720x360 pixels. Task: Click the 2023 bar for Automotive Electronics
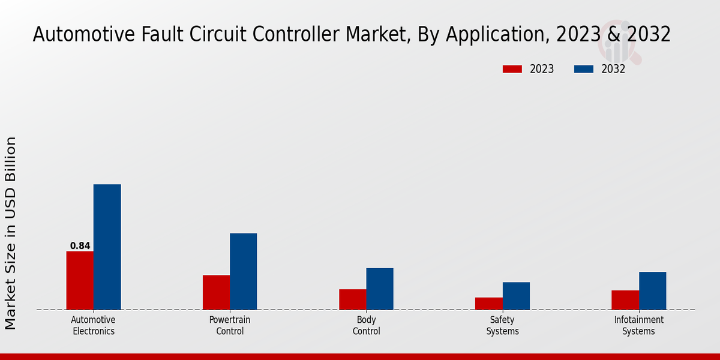tap(80, 280)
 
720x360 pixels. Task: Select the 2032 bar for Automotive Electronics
tap(107, 247)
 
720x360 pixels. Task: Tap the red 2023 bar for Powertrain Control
tap(216, 292)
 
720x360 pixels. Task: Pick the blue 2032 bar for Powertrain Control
tap(243, 271)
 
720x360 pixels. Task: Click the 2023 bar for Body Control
tap(352, 299)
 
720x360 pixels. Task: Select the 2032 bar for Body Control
tap(380, 289)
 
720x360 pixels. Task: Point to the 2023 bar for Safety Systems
tap(488, 304)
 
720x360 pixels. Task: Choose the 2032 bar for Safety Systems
tap(516, 296)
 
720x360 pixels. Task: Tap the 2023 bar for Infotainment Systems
tap(625, 300)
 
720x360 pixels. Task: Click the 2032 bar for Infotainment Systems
tap(652, 290)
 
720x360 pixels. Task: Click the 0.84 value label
tap(80, 246)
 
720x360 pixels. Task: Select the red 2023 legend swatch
tap(512, 69)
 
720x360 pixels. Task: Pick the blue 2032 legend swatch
tap(584, 69)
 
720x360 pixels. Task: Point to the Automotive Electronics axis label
tap(93, 326)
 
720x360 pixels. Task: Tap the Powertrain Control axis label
tap(230, 326)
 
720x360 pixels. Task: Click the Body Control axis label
tap(366, 326)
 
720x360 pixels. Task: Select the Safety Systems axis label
tap(502, 326)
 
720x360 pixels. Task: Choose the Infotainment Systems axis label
tap(638, 326)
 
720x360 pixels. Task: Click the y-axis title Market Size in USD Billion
tap(11, 233)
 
